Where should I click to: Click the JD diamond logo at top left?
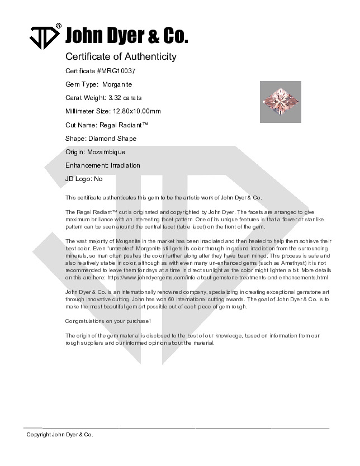[44, 36]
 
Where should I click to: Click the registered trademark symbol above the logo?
[59, 26]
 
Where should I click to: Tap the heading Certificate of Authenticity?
[121, 56]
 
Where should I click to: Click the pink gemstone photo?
[281, 102]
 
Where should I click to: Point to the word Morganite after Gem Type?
[117, 85]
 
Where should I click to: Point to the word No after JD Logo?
[98, 179]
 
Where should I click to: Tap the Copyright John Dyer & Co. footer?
[60, 435]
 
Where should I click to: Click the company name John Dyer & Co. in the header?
[127, 36]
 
